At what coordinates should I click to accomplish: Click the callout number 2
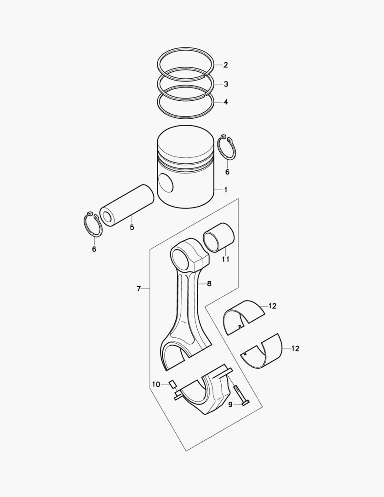click(226, 65)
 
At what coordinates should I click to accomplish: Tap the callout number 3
click(226, 84)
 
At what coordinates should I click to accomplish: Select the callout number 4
click(226, 102)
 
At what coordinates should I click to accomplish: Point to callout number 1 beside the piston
click(225, 190)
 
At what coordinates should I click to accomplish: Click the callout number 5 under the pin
click(132, 227)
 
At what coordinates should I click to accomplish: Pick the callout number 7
click(138, 289)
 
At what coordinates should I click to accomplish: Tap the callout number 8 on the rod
click(209, 284)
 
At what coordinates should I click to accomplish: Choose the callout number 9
click(231, 404)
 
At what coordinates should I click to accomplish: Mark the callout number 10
click(156, 384)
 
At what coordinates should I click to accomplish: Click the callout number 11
click(225, 260)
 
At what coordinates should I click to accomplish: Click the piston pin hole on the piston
click(166, 184)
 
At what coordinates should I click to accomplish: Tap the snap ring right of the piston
click(226, 148)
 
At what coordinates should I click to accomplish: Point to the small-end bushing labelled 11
click(219, 237)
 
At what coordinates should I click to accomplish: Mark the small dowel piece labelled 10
click(172, 384)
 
